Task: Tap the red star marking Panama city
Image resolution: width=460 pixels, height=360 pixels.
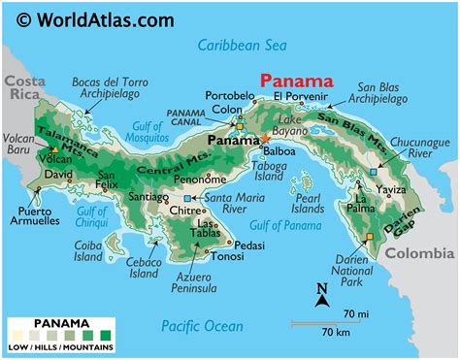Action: tap(265, 140)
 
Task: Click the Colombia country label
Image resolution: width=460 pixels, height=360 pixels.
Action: tap(420, 253)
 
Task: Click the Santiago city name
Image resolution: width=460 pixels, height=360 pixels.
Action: tap(148, 197)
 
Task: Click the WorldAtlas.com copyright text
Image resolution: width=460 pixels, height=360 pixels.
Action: tap(95, 19)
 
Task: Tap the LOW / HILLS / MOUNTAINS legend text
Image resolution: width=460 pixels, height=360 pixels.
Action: tap(61, 347)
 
